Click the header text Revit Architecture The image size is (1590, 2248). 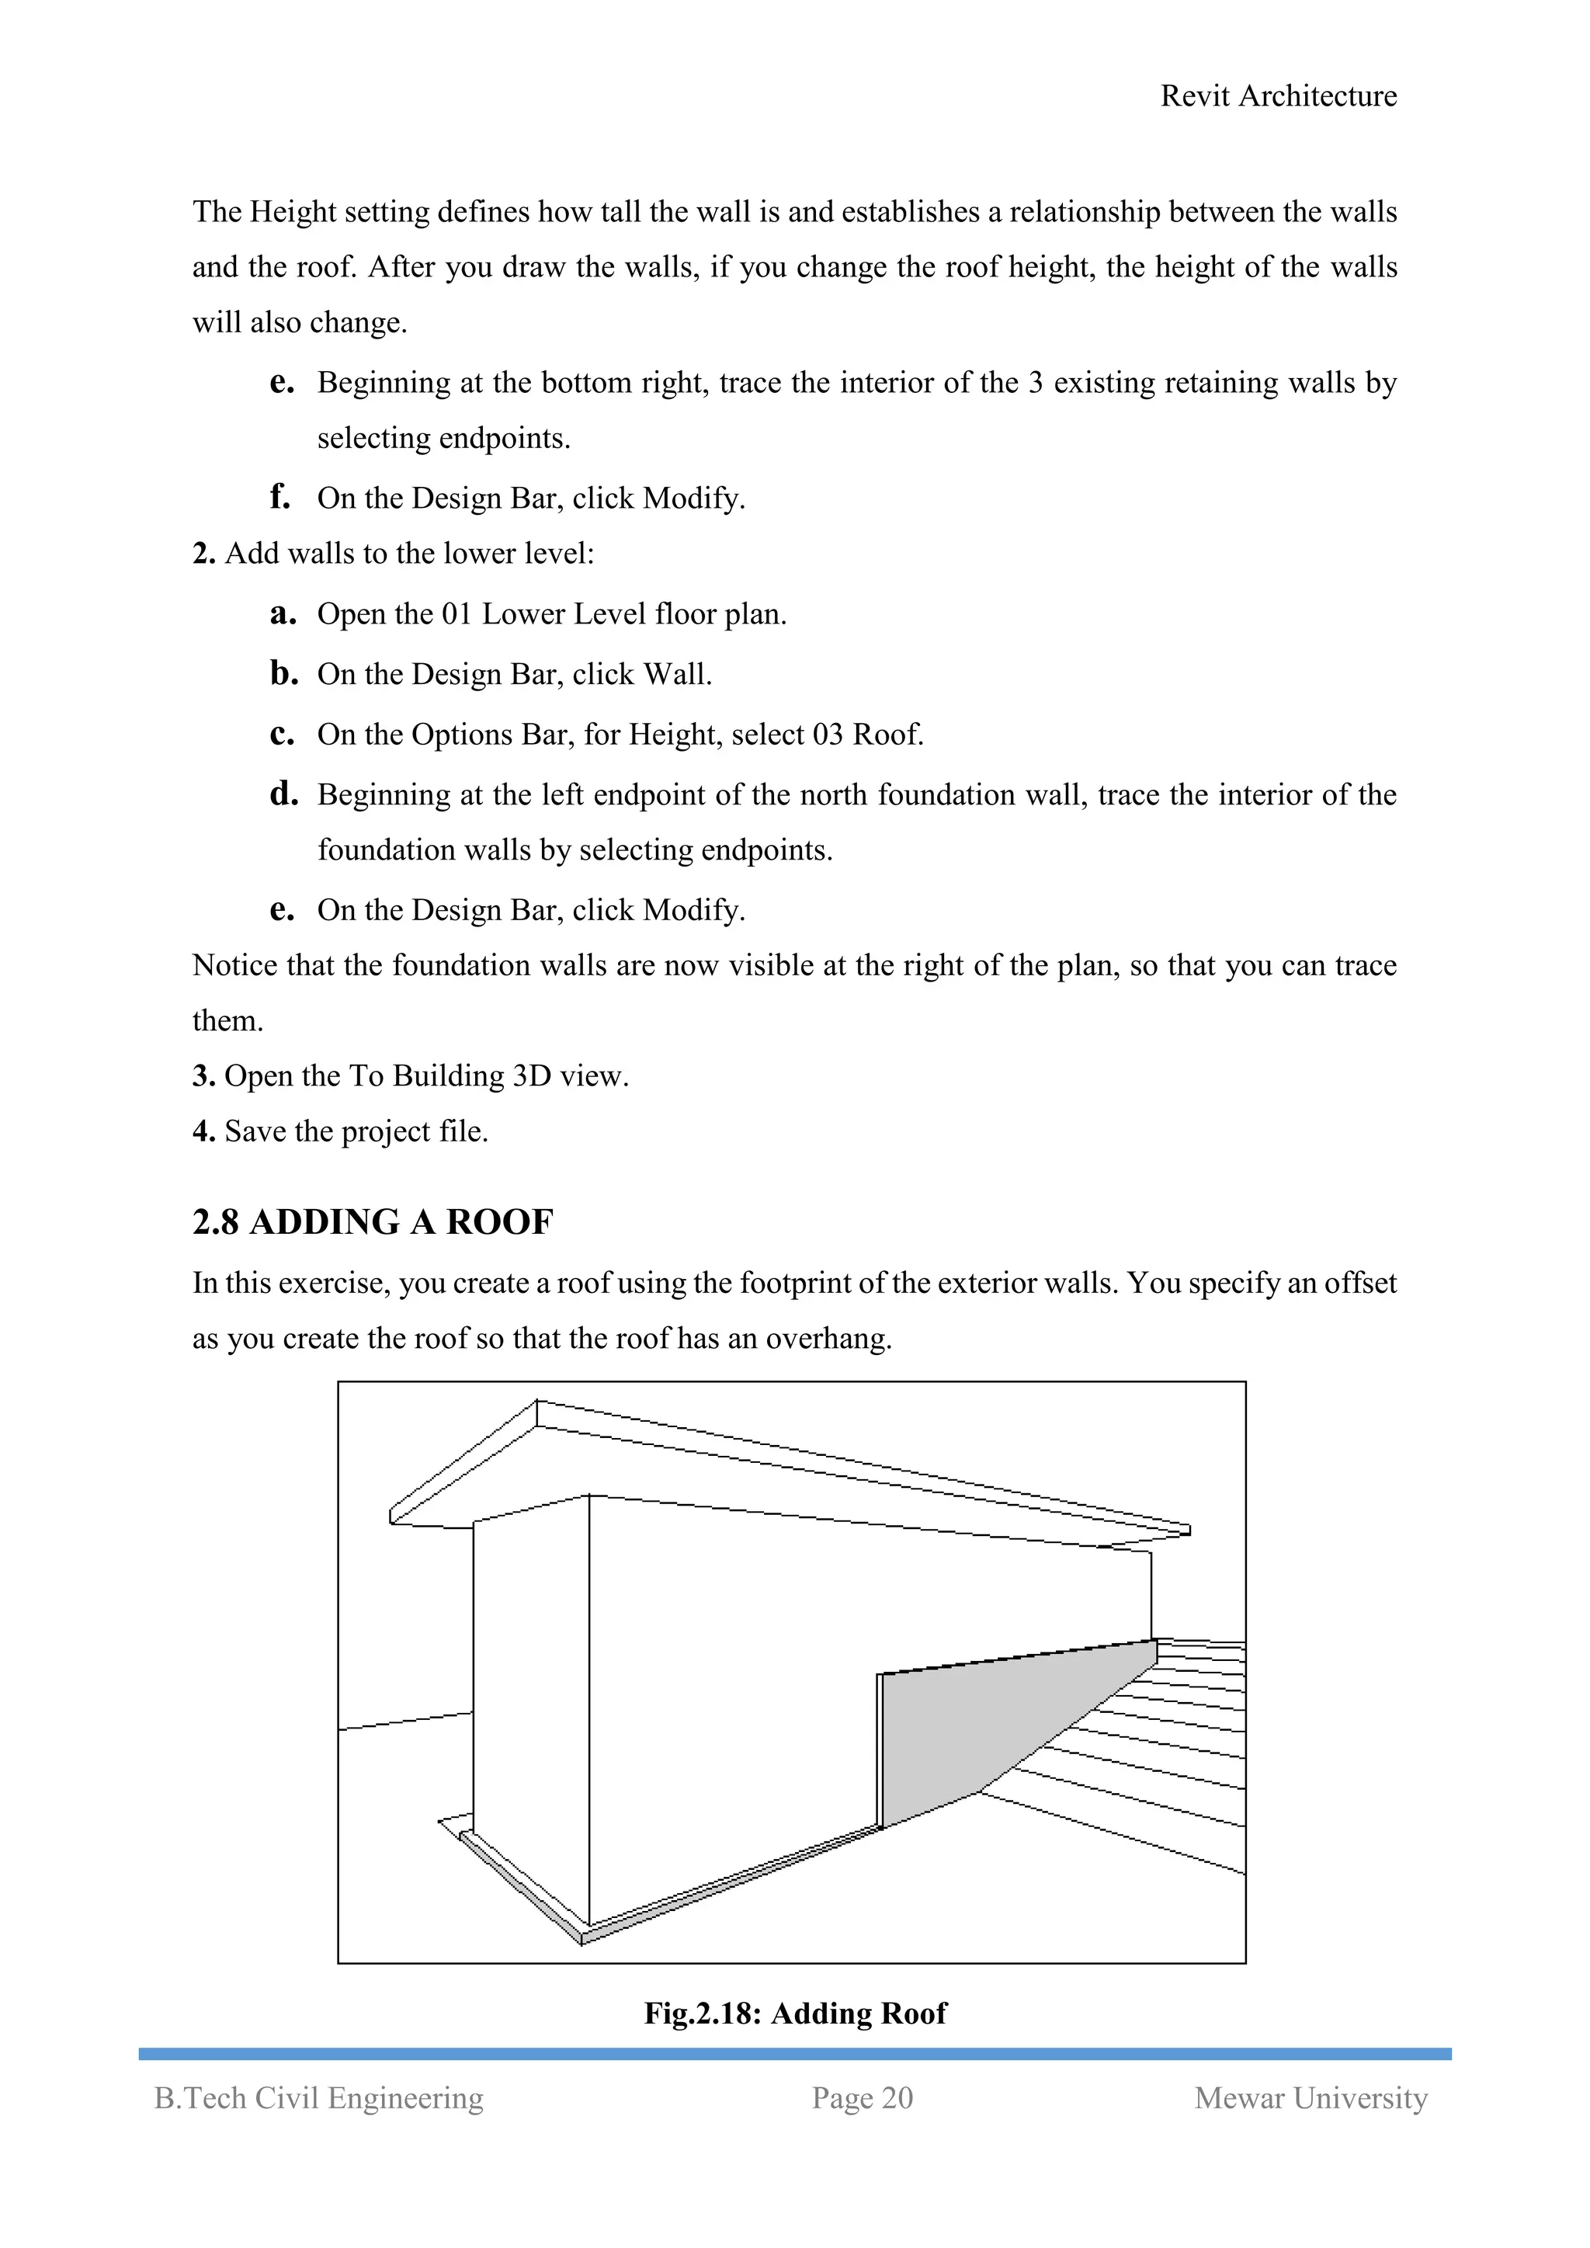(1278, 96)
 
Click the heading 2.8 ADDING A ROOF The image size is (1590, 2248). (372, 1222)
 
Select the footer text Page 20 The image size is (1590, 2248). (862, 2097)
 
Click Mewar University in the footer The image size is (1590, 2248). (1310, 2097)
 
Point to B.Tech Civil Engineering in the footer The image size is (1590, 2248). (319, 2097)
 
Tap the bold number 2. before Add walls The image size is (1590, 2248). (203, 553)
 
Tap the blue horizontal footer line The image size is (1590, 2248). (795, 2053)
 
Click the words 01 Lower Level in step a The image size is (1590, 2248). (544, 614)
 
